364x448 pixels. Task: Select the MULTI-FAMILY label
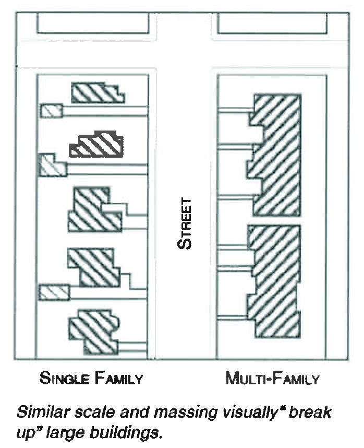coord(271,378)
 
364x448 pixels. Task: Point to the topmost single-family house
coord(98,93)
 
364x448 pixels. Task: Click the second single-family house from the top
coord(97,145)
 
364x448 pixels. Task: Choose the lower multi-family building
coord(274,280)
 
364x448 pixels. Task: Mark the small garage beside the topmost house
coord(52,111)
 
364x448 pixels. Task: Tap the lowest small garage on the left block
coord(54,292)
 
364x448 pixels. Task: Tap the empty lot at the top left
coord(93,22)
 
